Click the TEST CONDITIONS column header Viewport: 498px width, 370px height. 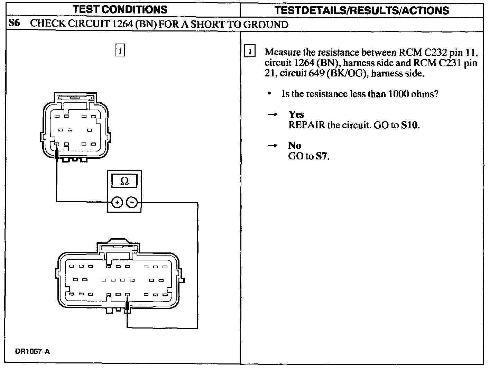(x=120, y=9)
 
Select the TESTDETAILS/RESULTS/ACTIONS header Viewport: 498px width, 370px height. (x=362, y=10)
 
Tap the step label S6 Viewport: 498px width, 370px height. (x=14, y=24)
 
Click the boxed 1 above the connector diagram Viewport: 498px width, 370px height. (x=120, y=50)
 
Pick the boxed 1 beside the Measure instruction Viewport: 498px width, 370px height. (x=250, y=52)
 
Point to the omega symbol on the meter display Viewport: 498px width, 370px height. (x=124, y=181)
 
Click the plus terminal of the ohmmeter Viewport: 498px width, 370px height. (x=117, y=203)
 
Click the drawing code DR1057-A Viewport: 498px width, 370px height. (x=33, y=352)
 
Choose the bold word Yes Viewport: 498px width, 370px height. (x=296, y=114)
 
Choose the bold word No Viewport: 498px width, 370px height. (x=295, y=146)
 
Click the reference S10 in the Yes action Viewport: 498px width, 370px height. (x=410, y=125)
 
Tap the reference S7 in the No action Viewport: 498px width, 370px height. (x=321, y=156)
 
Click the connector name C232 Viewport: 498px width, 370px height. (x=435, y=52)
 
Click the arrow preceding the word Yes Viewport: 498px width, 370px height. (x=273, y=114)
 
